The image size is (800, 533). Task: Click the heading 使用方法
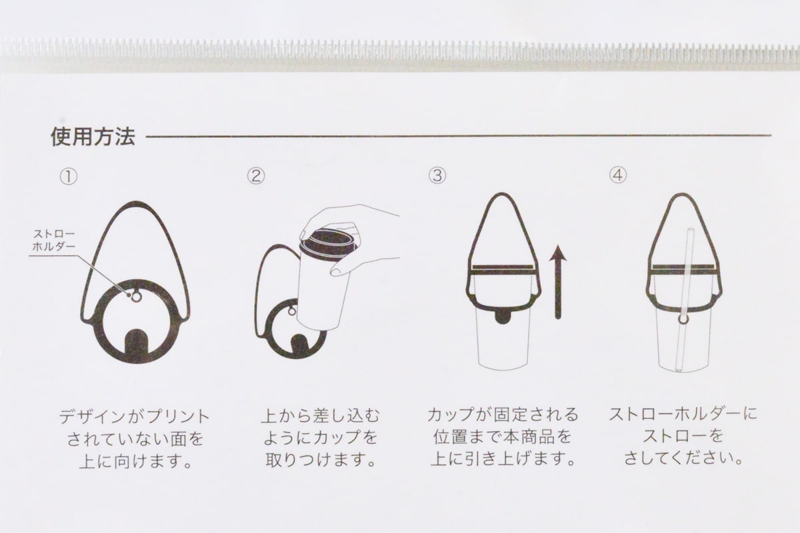click(x=93, y=137)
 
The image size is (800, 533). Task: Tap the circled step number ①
click(x=69, y=177)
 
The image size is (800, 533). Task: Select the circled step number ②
click(x=256, y=177)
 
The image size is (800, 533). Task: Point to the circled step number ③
click(x=437, y=177)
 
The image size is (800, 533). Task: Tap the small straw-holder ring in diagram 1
click(x=136, y=296)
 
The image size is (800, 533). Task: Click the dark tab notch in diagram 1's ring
click(x=136, y=344)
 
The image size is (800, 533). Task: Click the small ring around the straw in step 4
click(x=683, y=320)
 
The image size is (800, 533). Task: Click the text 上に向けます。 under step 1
click(x=135, y=462)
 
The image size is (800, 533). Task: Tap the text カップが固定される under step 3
click(x=503, y=415)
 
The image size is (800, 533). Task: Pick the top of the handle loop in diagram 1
click(x=136, y=204)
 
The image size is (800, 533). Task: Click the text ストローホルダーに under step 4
click(x=683, y=414)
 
